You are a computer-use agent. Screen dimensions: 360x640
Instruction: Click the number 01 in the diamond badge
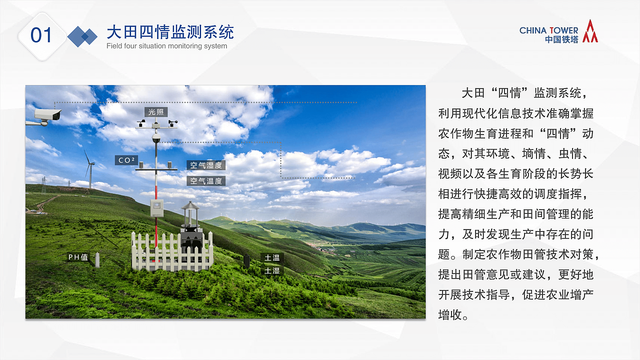point(41,35)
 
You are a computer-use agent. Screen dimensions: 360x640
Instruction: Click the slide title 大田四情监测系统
point(170,33)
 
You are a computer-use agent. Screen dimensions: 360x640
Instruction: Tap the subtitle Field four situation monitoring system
point(166,46)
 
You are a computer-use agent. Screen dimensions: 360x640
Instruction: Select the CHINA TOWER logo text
point(548,30)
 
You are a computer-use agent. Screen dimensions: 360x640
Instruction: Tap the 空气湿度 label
point(206,165)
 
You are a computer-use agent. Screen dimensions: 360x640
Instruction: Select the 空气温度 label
point(206,180)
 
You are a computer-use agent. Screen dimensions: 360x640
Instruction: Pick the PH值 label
point(78,257)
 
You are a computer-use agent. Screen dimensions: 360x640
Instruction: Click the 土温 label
point(272,258)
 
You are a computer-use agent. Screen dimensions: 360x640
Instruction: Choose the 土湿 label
point(272,270)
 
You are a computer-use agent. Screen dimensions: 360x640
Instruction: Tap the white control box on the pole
point(156,207)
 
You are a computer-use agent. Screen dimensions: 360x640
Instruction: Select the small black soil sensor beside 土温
point(246,260)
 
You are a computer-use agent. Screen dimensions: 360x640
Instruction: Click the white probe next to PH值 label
point(97,259)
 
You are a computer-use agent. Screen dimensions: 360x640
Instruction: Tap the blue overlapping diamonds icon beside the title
point(82,36)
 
